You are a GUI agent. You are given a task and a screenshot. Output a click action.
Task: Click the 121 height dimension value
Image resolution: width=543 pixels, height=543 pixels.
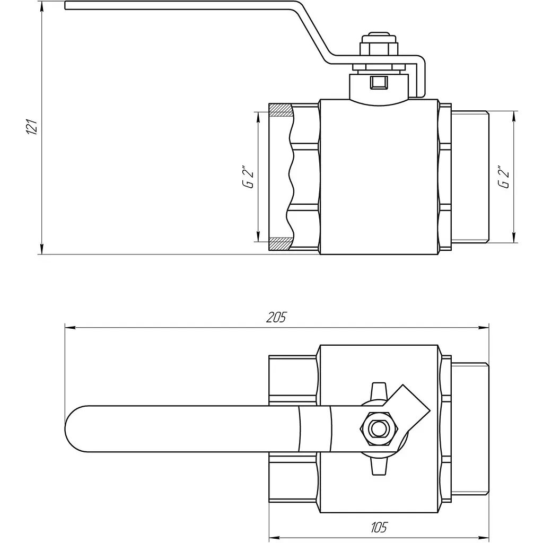pos(32,127)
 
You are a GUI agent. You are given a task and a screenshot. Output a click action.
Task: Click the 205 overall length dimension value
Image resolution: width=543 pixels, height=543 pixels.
pos(277,317)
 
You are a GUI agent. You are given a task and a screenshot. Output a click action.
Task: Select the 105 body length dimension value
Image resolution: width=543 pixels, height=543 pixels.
pos(379,528)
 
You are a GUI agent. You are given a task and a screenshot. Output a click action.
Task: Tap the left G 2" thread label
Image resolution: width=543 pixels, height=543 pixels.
pos(248,178)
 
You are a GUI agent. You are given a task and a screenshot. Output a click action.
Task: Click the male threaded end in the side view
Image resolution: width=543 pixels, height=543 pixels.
pos(470,177)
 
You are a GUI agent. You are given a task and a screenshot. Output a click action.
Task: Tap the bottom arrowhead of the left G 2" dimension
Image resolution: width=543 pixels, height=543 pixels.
pos(258,237)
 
